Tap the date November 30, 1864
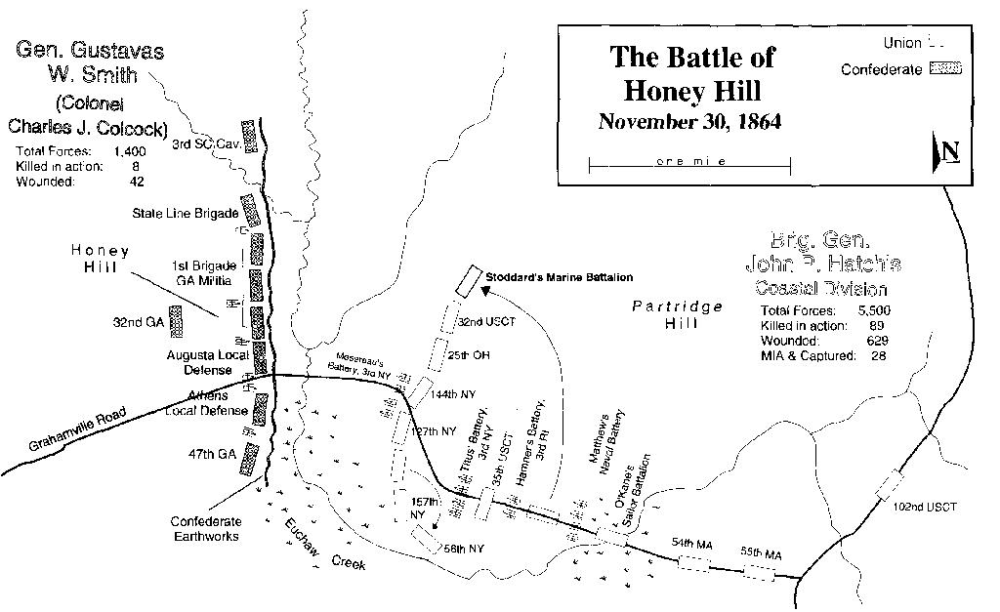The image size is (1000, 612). coord(690,122)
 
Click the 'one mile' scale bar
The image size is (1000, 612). coord(690,162)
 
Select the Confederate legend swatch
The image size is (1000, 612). coord(946,69)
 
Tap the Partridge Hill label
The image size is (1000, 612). coord(677,314)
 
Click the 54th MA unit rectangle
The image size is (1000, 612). coord(694,561)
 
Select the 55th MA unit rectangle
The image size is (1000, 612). coord(759,572)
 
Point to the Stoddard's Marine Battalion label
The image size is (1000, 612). coord(559,278)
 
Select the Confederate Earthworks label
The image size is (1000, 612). coord(205,528)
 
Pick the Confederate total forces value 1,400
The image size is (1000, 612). coord(133,151)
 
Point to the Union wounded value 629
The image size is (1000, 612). coord(875,341)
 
